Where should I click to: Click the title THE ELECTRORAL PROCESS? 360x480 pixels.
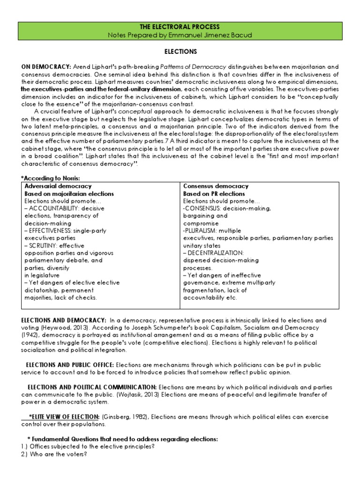coord(180,27)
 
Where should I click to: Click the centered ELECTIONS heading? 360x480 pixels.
coord(180,52)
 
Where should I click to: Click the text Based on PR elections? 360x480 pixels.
coord(214,194)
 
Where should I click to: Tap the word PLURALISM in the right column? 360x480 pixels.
coord(202,231)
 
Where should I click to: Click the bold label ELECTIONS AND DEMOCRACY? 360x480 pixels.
coord(63,320)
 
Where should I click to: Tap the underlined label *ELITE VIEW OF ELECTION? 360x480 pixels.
coord(65,417)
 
